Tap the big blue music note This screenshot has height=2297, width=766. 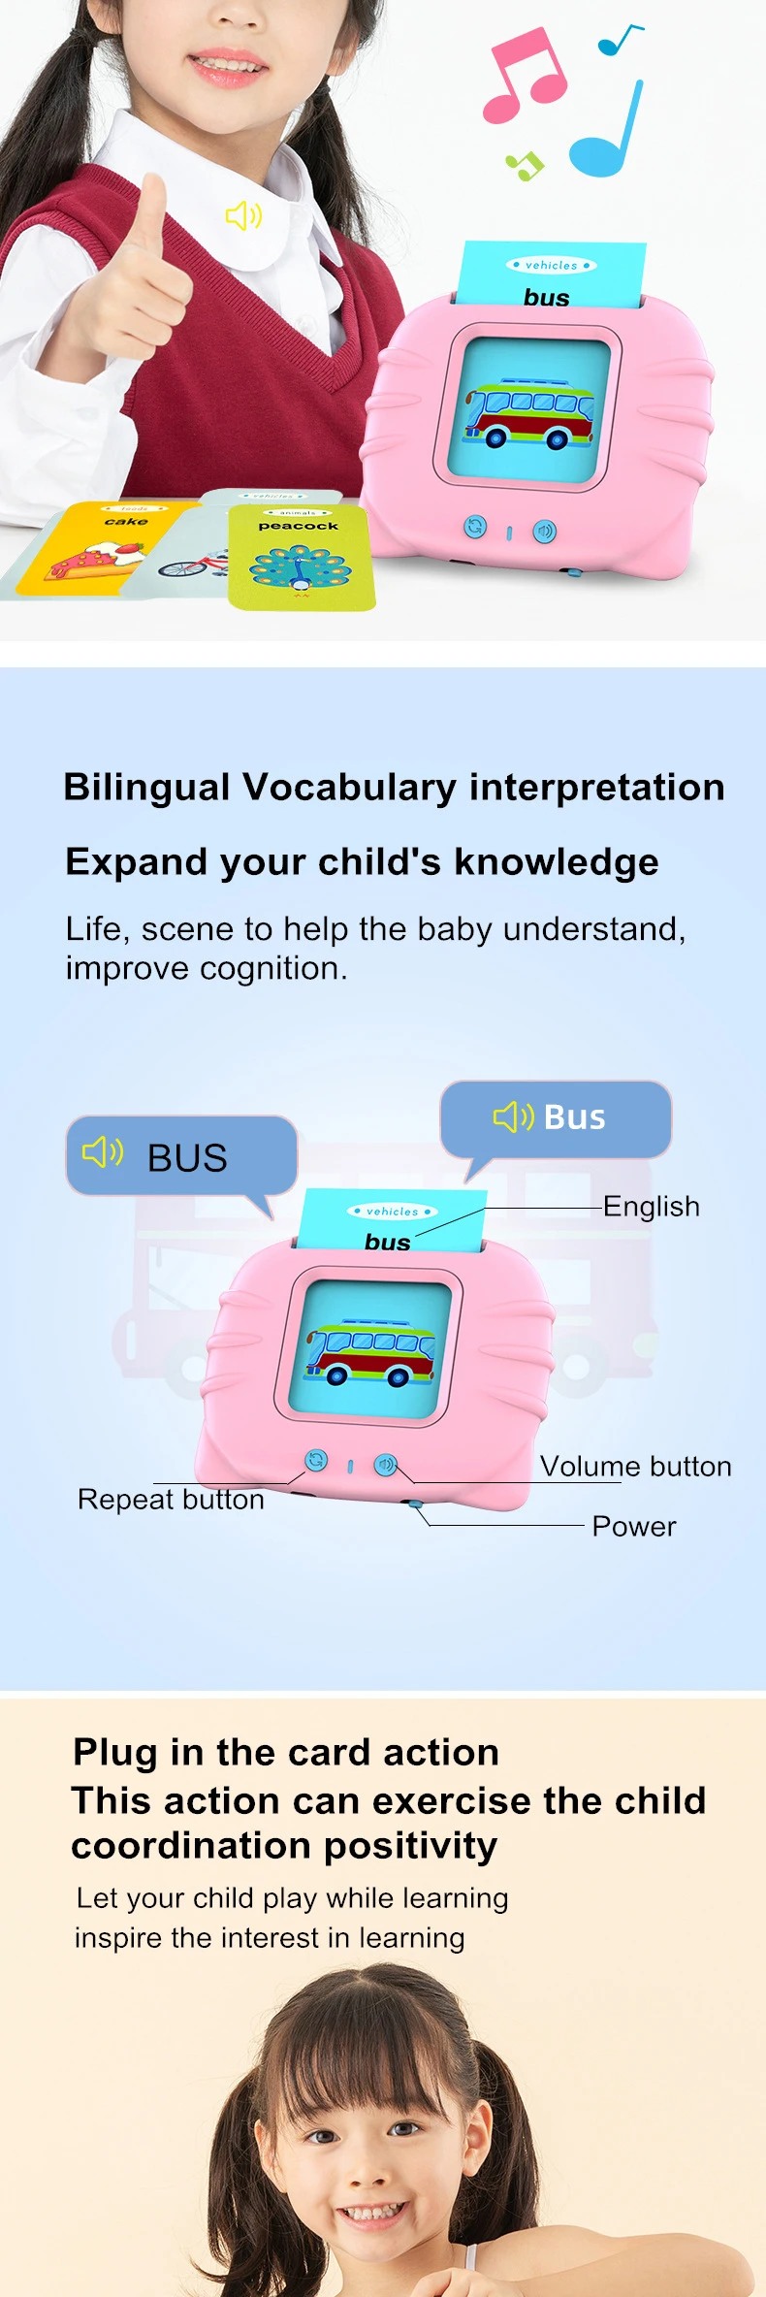point(607,136)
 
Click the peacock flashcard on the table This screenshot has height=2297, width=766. point(300,559)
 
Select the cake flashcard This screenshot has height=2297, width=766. point(97,548)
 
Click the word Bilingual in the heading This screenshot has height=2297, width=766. point(146,788)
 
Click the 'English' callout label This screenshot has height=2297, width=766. point(651,1206)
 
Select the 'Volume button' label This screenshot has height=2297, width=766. point(635,1466)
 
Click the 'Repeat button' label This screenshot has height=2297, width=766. point(171,1499)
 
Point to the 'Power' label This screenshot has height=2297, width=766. point(634,1526)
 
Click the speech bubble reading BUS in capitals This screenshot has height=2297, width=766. point(181,1155)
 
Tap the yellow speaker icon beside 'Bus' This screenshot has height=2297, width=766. point(513,1116)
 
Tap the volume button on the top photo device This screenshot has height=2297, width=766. point(545,531)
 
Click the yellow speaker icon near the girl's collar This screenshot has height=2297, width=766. point(243,215)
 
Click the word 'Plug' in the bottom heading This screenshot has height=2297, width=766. point(114,1752)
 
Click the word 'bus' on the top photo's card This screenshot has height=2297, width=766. point(547,297)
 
